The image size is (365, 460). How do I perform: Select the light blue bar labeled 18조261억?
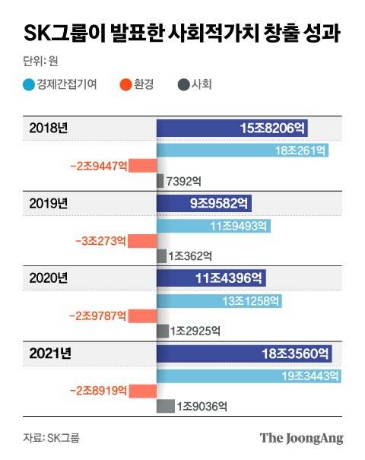[x=243, y=151]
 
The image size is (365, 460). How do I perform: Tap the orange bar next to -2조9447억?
[x=142, y=165]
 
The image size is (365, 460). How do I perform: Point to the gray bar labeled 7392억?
[x=160, y=180]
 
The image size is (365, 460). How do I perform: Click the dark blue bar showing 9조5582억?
[x=204, y=203]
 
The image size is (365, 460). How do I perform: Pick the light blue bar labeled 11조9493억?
[x=214, y=226]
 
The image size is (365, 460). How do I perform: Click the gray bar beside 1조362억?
[x=161, y=255]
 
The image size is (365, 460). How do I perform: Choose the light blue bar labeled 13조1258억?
[x=219, y=301]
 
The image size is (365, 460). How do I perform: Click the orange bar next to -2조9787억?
[x=142, y=316]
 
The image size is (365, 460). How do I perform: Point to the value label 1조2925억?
[x=195, y=331]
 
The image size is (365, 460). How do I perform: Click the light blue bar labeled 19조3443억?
[x=248, y=376]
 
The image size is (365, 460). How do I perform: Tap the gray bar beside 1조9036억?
[x=165, y=406]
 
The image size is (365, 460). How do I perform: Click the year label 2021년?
[x=50, y=354]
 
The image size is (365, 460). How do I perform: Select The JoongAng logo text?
[x=301, y=438]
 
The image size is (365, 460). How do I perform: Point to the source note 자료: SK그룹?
[x=51, y=438]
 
